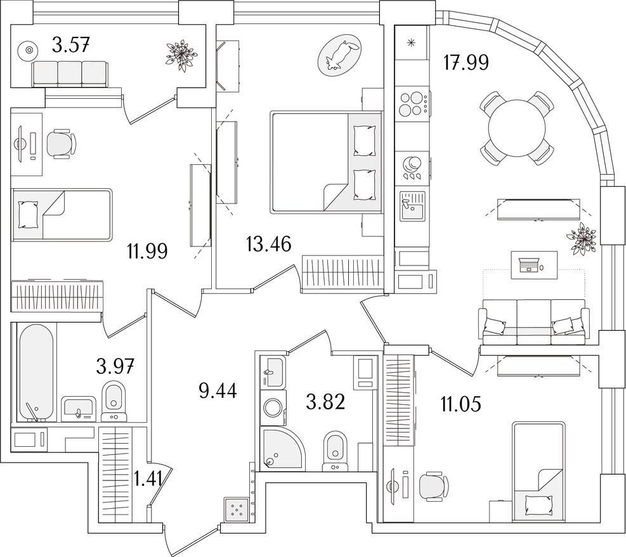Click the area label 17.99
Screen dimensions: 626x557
[x=466, y=63]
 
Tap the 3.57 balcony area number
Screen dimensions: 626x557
[x=70, y=44]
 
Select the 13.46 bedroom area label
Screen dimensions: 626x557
[x=269, y=244]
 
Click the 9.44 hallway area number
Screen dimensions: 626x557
[x=218, y=391]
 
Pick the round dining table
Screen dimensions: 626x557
[x=518, y=128]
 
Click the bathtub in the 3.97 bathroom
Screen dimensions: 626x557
[x=36, y=373]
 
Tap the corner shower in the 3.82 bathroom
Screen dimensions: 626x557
[x=282, y=448]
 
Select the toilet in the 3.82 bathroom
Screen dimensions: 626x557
[x=335, y=450]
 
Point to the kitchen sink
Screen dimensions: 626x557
[x=413, y=206]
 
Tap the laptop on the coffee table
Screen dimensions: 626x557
[x=528, y=264]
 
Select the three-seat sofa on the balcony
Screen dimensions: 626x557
[x=70, y=74]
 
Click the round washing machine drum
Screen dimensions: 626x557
[x=273, y=408]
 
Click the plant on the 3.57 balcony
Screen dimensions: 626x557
[x=182, y=56]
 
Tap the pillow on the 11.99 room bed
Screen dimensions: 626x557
[x=28, y=214]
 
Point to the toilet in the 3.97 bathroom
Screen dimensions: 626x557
[x=114, y=401]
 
